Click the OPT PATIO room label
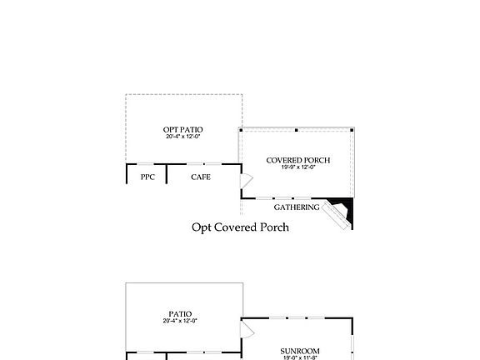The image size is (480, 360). [182, 129]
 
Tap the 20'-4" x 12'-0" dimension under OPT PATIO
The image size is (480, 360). [182, 137]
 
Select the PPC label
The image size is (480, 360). [147, 177]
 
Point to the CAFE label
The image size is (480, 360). [200, 177]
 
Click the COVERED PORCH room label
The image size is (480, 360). [297, 160]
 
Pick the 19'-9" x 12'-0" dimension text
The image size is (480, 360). [297, 167]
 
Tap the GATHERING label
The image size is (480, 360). [297, 207]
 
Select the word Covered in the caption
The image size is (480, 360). [238, 227]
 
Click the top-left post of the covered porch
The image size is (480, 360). [241, 131]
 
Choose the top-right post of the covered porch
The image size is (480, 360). [352, 131]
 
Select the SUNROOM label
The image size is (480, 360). [300, 351]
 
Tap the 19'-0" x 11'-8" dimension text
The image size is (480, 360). [300, 357]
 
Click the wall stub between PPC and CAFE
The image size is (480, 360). [167, 172]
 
